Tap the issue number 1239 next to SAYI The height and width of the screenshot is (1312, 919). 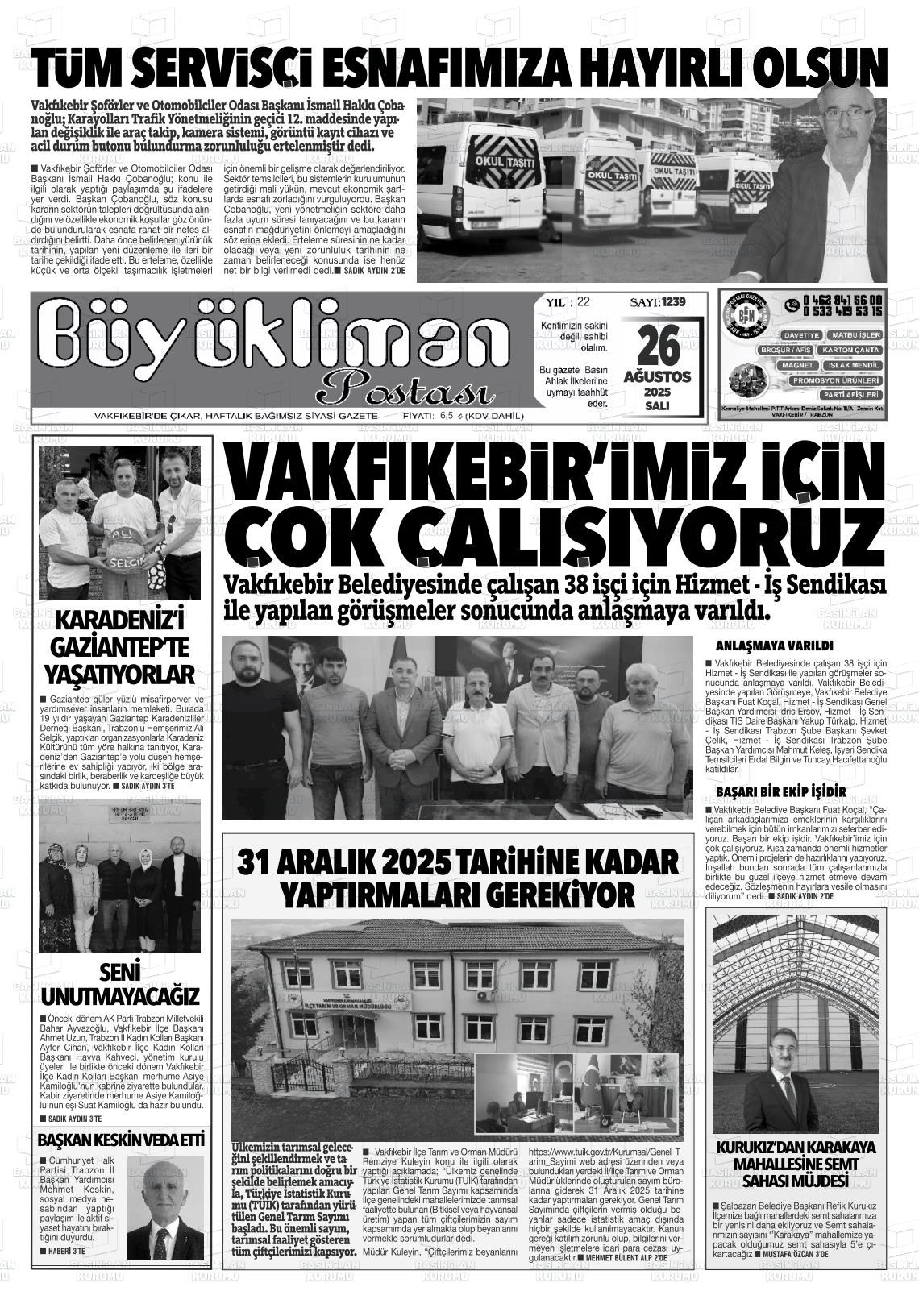click(672, 302)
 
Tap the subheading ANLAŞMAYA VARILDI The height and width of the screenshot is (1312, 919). click(774, 646)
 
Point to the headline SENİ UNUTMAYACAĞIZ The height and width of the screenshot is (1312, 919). click(121, 983)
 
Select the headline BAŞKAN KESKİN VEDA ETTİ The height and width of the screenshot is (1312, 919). click(121, 1140)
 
